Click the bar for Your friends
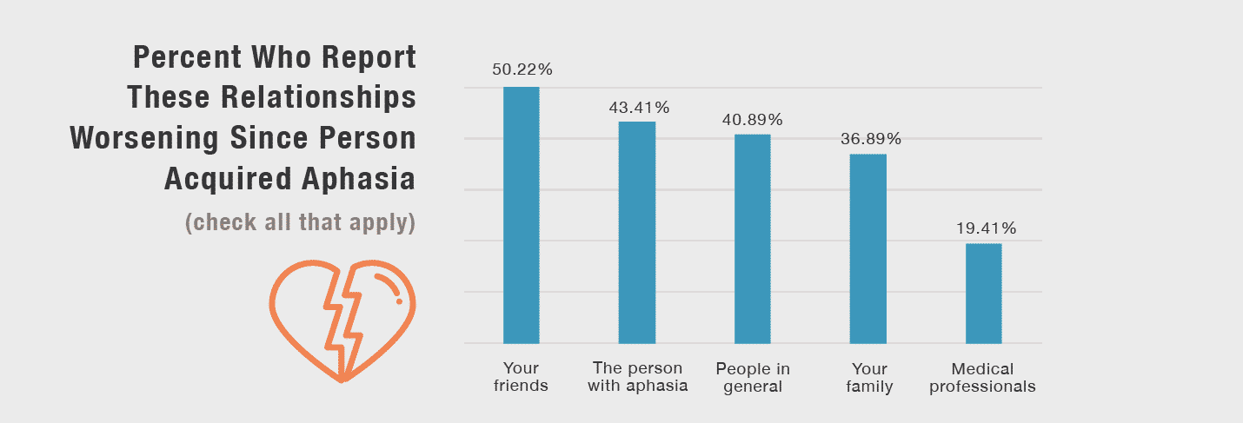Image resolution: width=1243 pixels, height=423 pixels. [x=521, y=215]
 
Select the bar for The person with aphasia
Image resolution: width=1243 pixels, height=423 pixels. [x=636, y=233]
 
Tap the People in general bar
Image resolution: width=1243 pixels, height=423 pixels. [x=752, y=239]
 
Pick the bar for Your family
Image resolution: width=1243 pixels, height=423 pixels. [x=867, y=248]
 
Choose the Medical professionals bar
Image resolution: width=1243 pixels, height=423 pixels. [x=983, y=294]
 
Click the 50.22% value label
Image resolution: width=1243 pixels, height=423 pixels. [x=522, y=70]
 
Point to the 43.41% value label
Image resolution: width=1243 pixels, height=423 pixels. [x=638, y=108]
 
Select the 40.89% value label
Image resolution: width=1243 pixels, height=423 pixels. [x=752, y=120]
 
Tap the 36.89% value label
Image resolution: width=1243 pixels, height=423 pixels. [x=869, y=139]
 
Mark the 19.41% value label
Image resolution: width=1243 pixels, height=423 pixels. [x=984, y=229]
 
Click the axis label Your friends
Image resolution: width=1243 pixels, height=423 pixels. [x=521, y=377]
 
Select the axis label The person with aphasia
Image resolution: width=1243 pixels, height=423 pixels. [x=637, y=377]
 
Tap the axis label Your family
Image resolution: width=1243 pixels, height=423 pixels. [x=869, y=377]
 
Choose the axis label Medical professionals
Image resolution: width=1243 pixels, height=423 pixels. [x=982, y=377]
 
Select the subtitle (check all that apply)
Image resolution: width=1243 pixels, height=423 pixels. [x=300, y=222]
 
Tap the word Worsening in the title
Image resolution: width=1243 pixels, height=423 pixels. [x=159, y=138]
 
